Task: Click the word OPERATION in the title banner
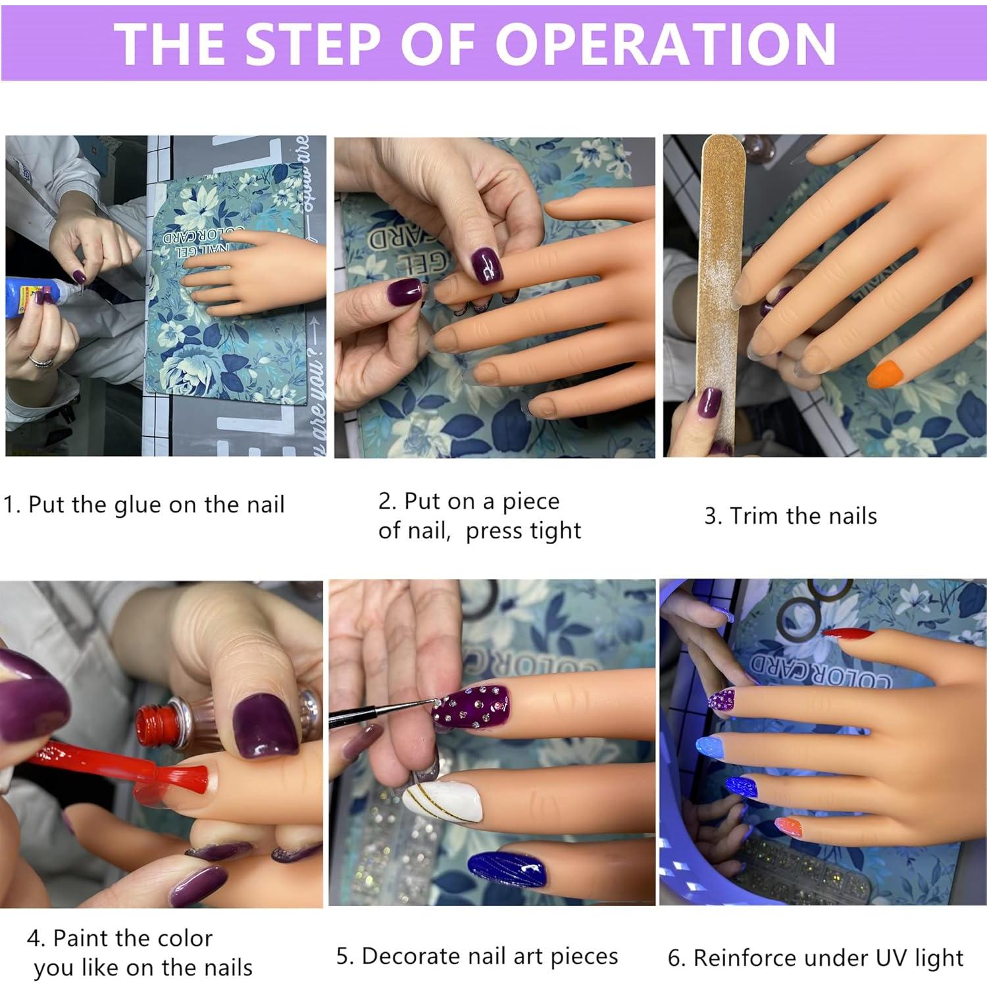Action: click(665, 43)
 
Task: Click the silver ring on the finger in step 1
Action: click(40, 361)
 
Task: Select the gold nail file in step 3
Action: click(722, 290)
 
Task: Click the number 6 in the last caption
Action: click(674, 958)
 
